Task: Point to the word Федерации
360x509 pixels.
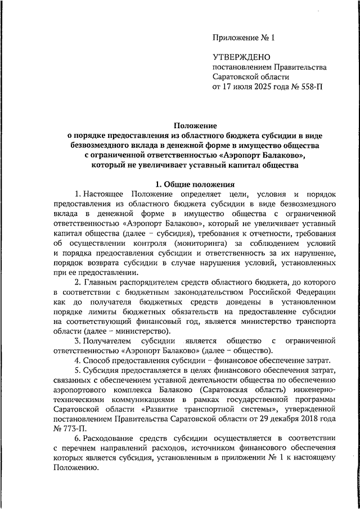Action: [x=317, y=292]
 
